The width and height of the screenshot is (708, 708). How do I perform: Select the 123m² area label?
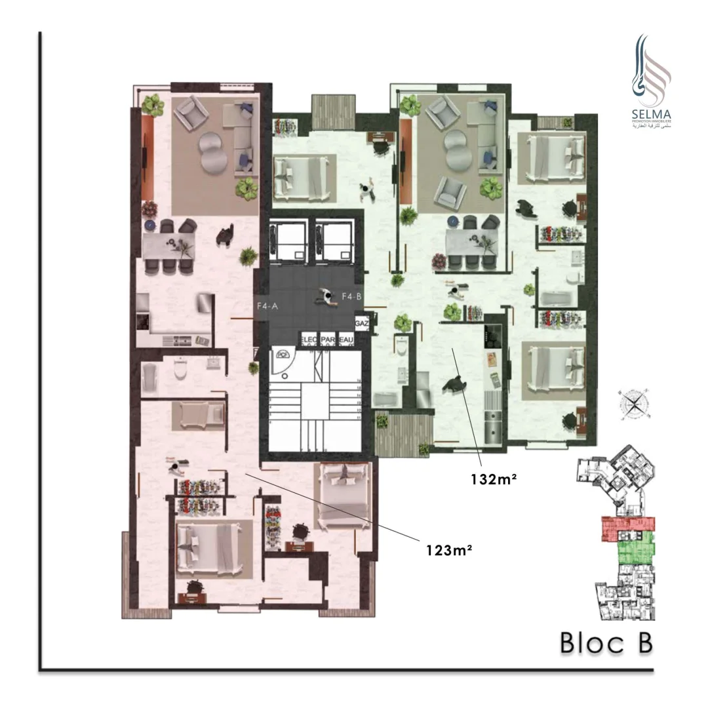tap(449, 550)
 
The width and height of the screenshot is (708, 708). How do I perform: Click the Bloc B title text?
tap(606, 643)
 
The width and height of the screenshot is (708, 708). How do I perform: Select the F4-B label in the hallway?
tap(352, 296)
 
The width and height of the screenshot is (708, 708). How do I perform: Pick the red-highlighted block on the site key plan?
tap(627, 528)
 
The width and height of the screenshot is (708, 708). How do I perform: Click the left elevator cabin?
tap(288, 239)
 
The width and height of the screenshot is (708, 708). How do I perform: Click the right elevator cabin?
tap(334, 239)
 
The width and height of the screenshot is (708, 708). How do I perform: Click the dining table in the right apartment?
tap(470, 242)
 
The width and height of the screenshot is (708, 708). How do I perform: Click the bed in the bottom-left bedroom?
tap(213, 544)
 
